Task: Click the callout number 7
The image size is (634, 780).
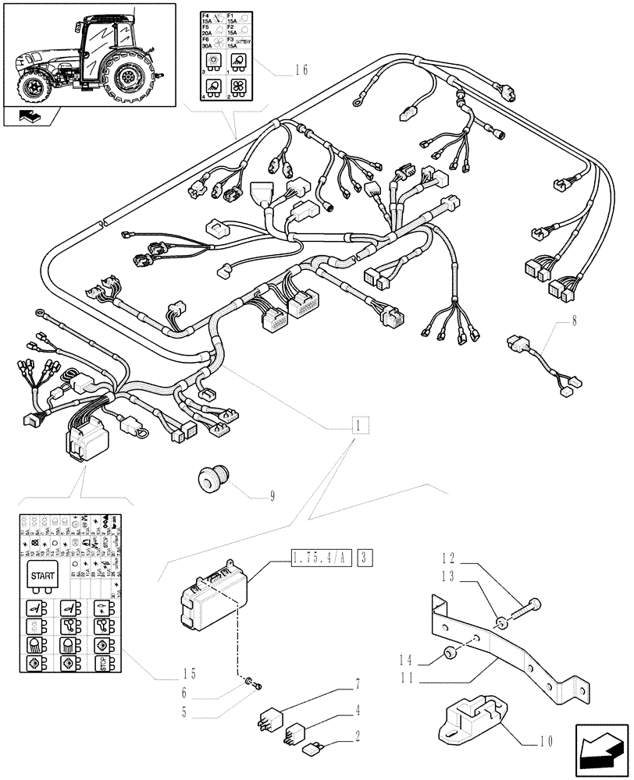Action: (x=358, y=684)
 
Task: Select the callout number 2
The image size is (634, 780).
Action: (x=358, y=734)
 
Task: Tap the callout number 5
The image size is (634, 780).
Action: (x=185, y=711)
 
